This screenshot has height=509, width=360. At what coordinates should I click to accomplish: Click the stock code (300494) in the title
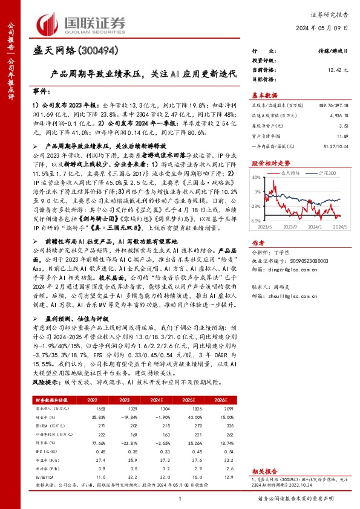(x=99, y=51)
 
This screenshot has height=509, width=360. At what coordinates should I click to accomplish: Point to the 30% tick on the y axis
(x=257, y=178)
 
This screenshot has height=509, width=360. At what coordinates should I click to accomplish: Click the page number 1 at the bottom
(x=180, y=498)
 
